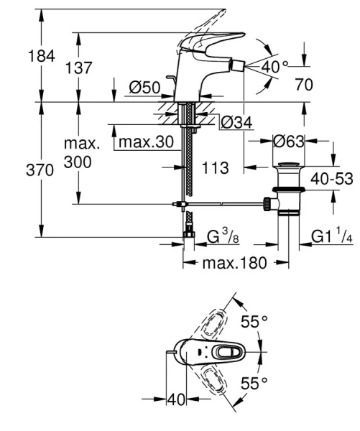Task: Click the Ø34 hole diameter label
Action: tap(235, 124)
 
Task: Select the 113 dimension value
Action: tap(216, 168)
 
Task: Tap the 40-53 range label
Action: tap(332, 178)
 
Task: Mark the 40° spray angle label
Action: tap(274, 67)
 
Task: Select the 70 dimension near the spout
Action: tap(304, 84)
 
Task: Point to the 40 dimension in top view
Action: tap(176, 401)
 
